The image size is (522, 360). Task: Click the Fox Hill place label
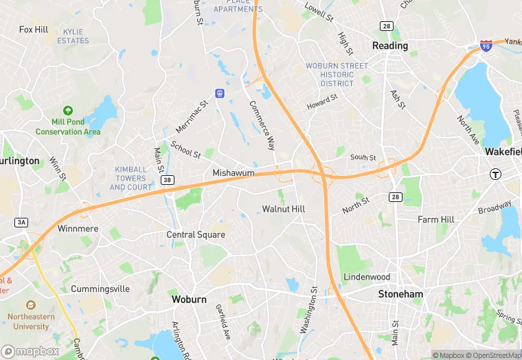(x=34, y=30)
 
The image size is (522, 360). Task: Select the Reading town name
(x=389, y=46)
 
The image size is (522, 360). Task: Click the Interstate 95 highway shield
(x=486, y=46)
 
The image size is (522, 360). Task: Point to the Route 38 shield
(x=167, y=179)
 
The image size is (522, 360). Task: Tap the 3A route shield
(x=21, y=222)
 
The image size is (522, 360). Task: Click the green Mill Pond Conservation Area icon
(x=68, y=111)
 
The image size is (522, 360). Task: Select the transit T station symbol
(x=495, y=174)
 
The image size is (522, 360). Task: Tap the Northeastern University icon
(x=30, y=304)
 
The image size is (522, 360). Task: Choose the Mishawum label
(x=234, y=173)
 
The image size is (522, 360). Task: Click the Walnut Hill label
(x=283, y=208)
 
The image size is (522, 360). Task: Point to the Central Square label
(x=196, y=235)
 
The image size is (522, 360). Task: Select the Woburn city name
(x=189, y=300)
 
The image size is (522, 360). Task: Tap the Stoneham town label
(x=400, y=294)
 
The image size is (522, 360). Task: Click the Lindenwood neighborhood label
(x=367, y=277)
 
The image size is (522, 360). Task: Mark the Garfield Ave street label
(x=221, y=322)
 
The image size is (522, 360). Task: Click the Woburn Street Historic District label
(x=337, y=75)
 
